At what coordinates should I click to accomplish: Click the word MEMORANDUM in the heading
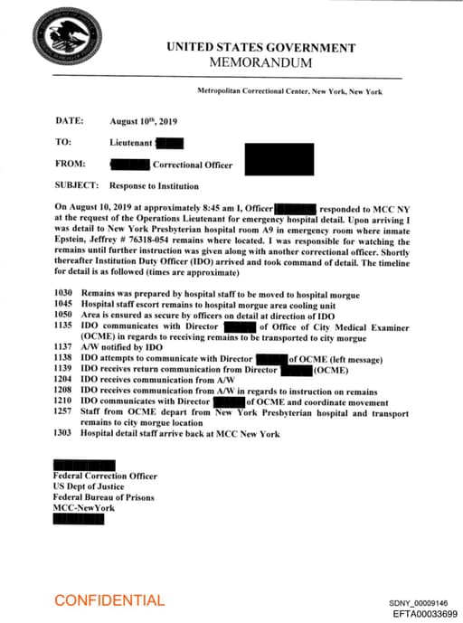tap(260, 63)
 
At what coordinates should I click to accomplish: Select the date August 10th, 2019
tap(145, 120)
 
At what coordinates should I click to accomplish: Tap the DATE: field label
tap(70, 120)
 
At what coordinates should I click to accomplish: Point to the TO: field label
tap(63, 142)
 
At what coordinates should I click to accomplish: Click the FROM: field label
tap(71, 165)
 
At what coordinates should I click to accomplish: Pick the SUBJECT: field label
tap(77, 186)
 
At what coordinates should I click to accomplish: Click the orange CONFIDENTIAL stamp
tap(109, 600)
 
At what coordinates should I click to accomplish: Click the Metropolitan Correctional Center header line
tap(289, 92)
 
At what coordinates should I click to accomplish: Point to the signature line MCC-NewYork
tap(83, 508)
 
